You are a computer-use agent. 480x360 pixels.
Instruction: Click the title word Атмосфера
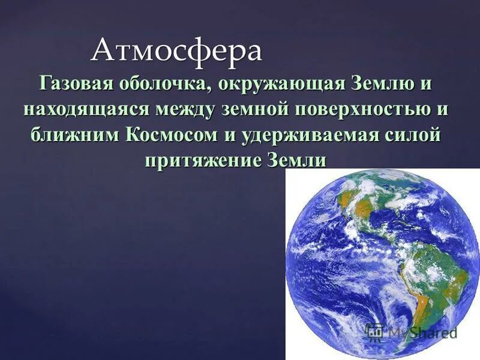[177, 51]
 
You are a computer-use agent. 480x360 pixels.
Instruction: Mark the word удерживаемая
[310, 136]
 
